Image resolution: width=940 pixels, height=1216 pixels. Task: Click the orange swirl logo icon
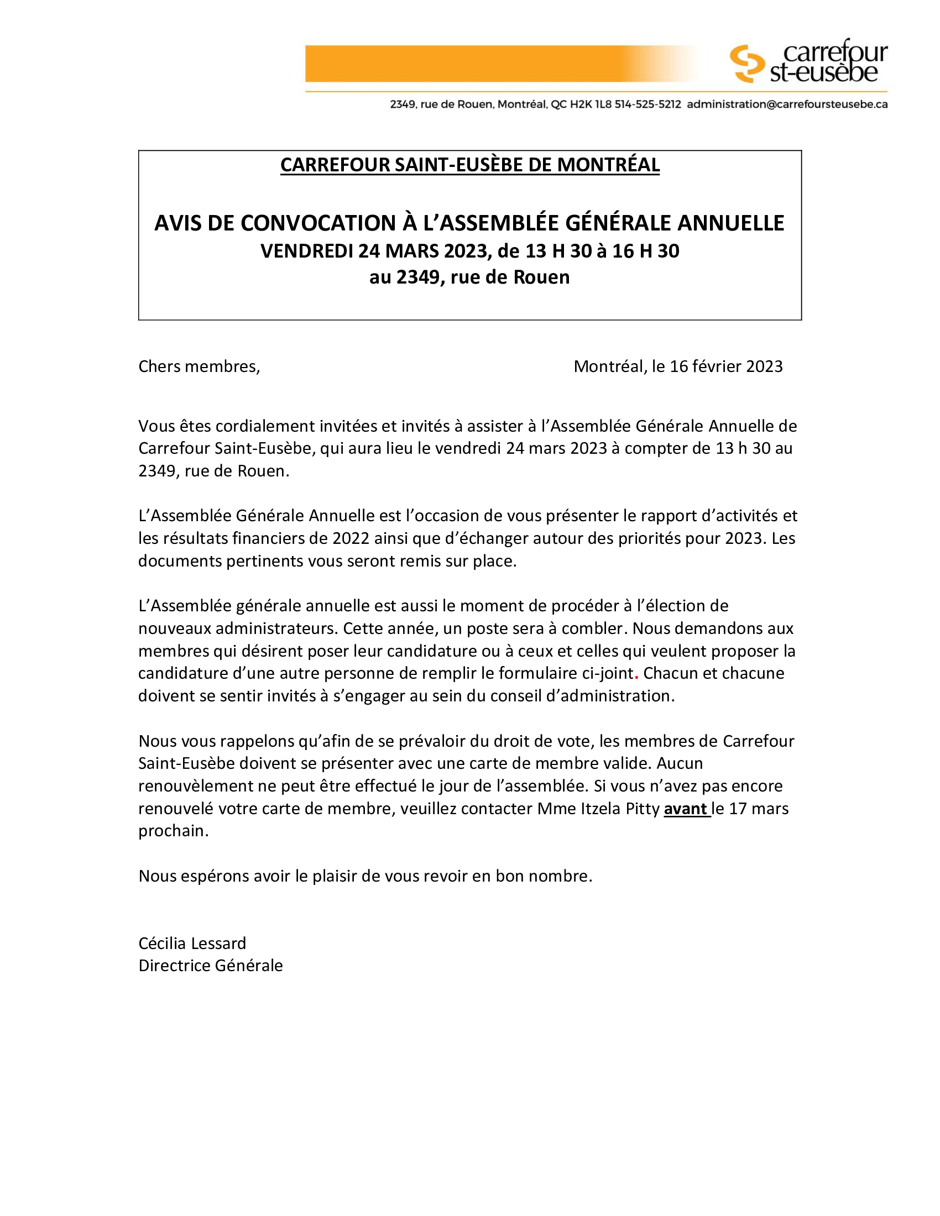pos(747,63)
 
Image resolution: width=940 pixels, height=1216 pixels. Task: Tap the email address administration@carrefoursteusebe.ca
pos(787,104)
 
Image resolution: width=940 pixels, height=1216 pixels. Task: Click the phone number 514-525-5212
pos(647,104)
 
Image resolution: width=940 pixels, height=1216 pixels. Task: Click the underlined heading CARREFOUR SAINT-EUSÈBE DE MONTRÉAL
pos(469,165)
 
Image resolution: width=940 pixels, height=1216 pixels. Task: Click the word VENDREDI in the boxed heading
pos(307,251)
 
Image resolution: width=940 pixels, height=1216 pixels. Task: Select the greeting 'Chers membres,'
pos(199,366)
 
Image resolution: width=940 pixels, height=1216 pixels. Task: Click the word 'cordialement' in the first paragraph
pos(267,426)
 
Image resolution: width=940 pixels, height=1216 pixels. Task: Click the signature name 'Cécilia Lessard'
pos(192,943)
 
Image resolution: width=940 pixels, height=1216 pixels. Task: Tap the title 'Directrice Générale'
pos(211,966)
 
